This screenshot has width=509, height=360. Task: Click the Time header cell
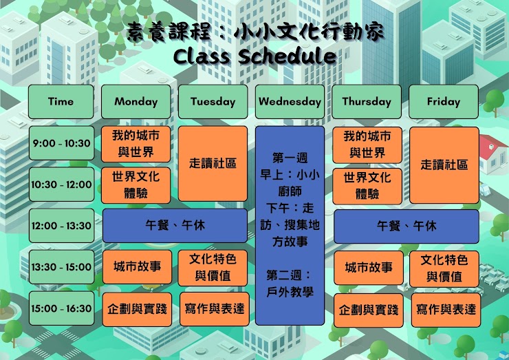pyautogui.click(x=61, y=102)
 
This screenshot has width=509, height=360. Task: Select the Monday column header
pyautogui.click(x=136, y=102)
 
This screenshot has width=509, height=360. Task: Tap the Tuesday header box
pyautogui.click(x=213, y=102)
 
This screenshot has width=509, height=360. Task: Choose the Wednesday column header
pyautogui.click(x=290, y=102)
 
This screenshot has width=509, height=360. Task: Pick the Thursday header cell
pyautogui.click(x=367, y=102)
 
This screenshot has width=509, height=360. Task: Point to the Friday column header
pyautogui.click(x=444, y=102)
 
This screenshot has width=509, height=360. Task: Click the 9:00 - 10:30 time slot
pyautogui.click(x=62, y=143)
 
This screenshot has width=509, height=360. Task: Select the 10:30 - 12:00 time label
pyautogui.click(x=62, y=184)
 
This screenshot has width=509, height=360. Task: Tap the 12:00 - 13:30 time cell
pyautogui.click(x=62, y=226)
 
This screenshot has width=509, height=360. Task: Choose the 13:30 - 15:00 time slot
pyautogui.click(x=62, y=267)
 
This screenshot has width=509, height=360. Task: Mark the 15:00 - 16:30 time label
pyautogui.click(x=62, y=308)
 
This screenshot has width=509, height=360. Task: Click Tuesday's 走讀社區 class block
pyautogui.click(x=213, y=164)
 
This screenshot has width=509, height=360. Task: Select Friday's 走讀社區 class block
pyautogui.click(x=444, y=165)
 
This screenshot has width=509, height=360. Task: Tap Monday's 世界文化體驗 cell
pyautogui.click(x=136, y=185)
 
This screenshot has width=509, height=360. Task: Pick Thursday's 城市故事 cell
pyautogui.click(x=369, y=268)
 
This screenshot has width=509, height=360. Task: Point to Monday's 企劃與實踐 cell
pyautogui.click(x=137, y=309)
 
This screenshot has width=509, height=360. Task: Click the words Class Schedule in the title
pyautogui.click(x=254, y=56)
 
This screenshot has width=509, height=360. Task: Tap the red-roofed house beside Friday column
pyautogui.click(x=493, y=153)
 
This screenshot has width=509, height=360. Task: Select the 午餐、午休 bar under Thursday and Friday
pyautogui.click(x=407, y=226)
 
